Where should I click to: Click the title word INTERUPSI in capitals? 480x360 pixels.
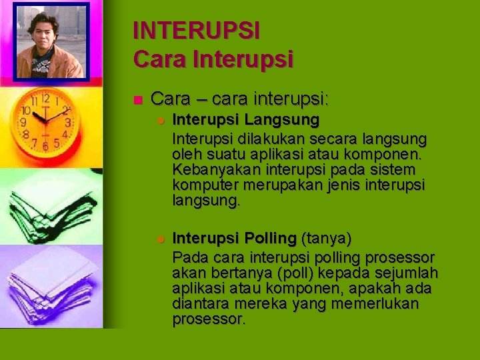coord(196,31)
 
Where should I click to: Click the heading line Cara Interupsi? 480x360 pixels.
coord(213,59)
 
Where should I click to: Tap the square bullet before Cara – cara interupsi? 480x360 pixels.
coord(137,101)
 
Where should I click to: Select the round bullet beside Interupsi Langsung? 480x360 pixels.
coord(160,121)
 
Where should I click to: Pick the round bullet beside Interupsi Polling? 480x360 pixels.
coord(160,239)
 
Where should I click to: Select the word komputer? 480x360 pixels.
coord(203,185)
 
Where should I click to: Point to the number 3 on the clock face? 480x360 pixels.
coord(68,124)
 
